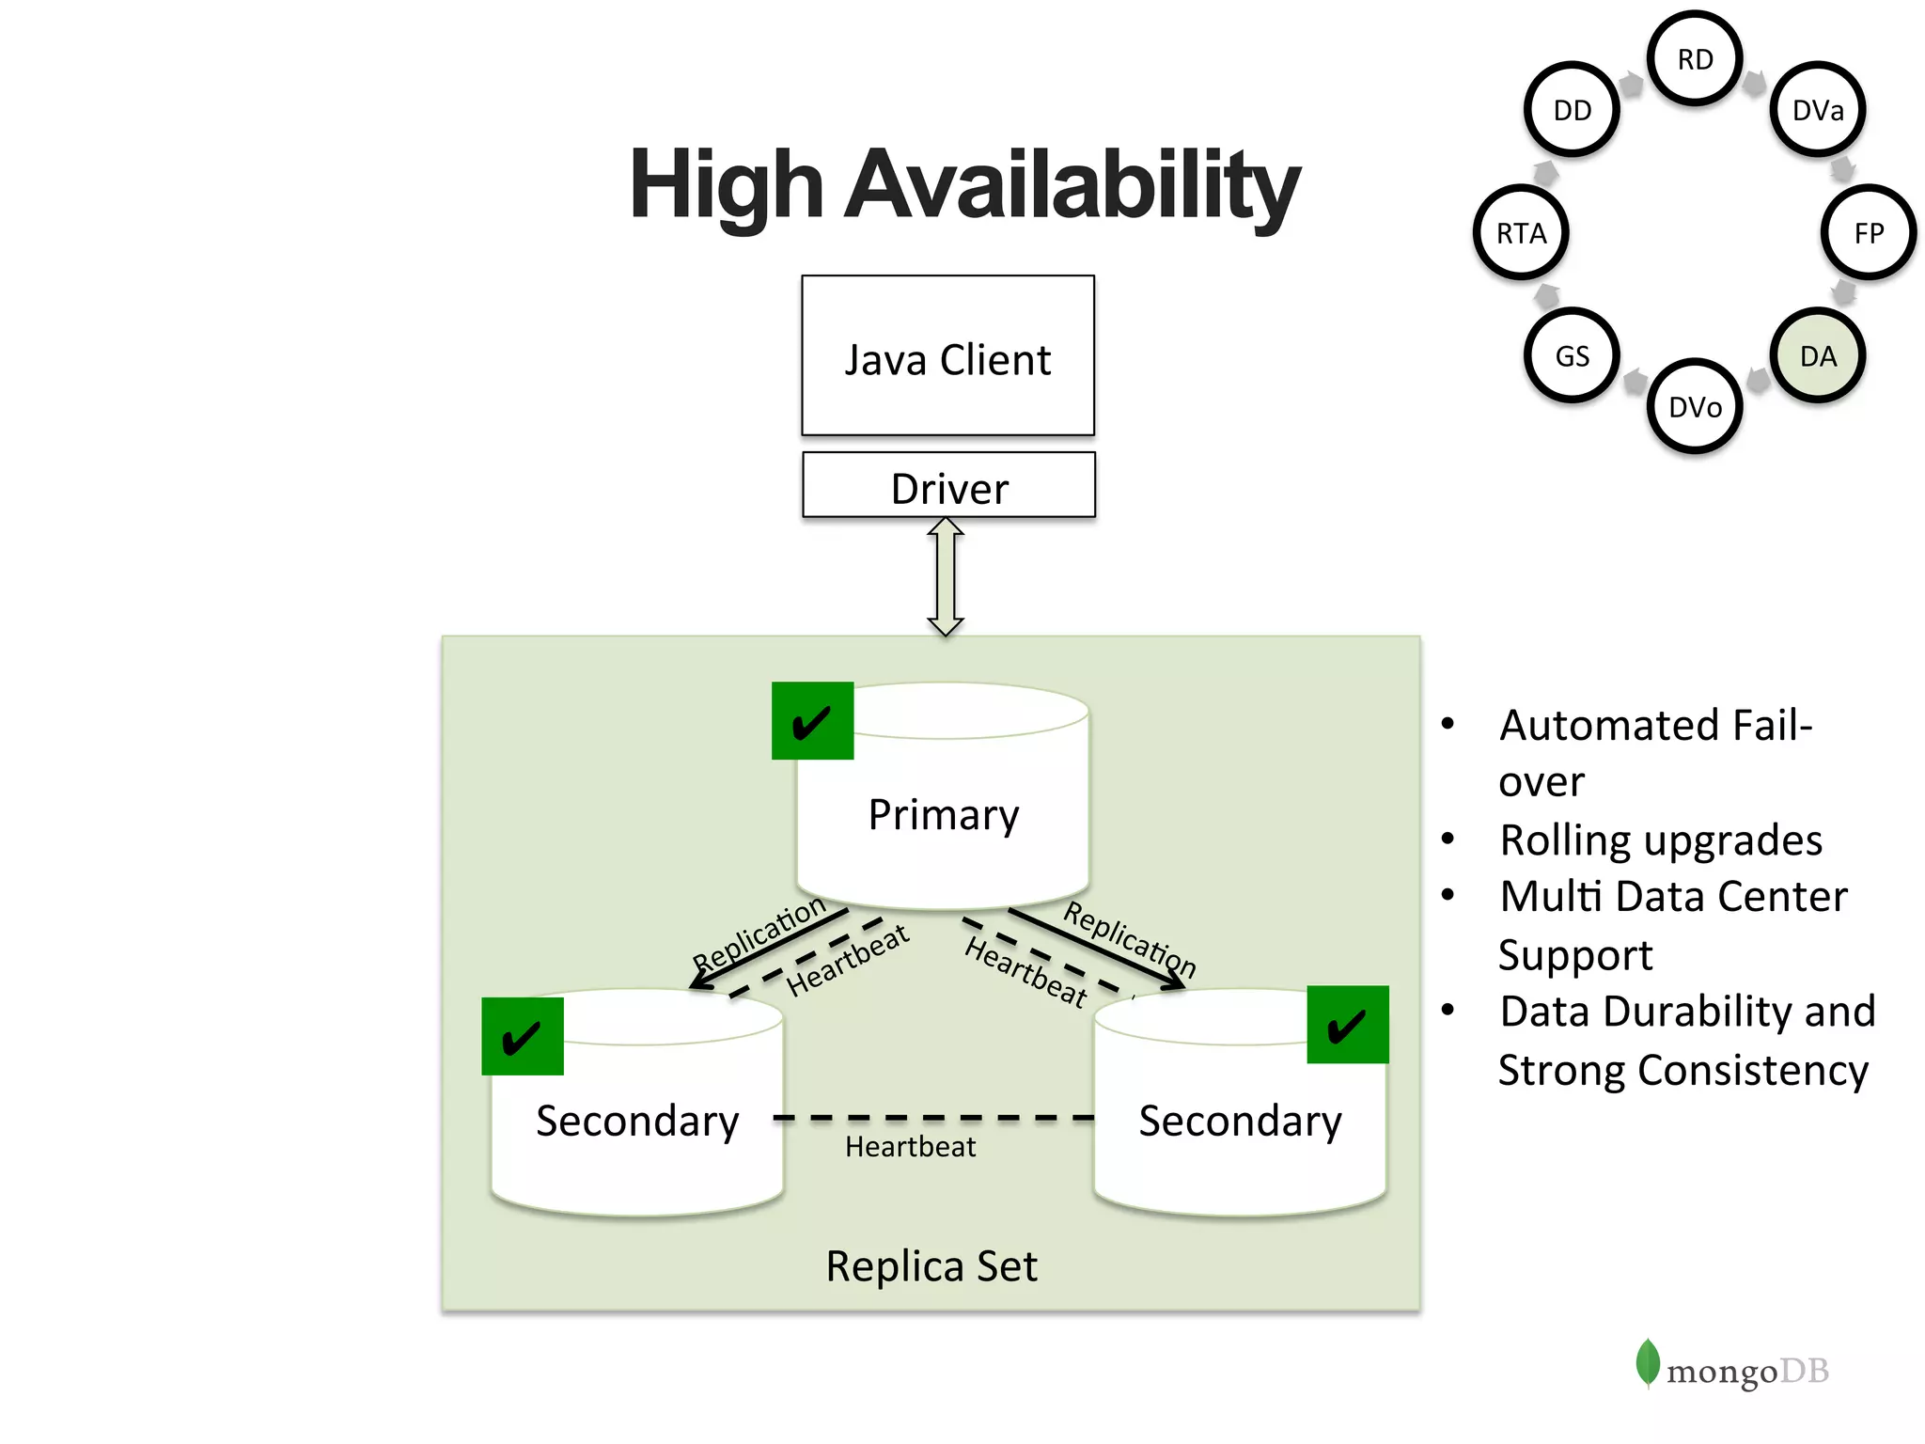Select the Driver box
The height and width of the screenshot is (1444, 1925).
(x=948, y=486)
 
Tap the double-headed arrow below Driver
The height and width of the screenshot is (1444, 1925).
(x=946, y=576)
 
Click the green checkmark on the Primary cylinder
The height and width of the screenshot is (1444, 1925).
(x=812, y=721)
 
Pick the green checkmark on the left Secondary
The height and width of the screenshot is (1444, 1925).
(x=523, y=1036)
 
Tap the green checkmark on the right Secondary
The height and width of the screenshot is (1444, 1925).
(x=1347, y=1025)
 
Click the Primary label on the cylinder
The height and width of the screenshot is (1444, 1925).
(x=943, y=814)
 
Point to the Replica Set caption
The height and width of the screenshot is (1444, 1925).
(x=931, y=1265)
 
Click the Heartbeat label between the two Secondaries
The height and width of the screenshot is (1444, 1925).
(x=910, y=1147)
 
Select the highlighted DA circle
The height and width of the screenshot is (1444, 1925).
(x=1817, y=356)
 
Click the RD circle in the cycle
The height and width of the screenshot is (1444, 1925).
(x=1695, y=59)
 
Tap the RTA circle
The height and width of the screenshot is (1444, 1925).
(x=1521, y=233)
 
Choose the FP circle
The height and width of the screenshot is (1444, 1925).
(x=1869, y=233)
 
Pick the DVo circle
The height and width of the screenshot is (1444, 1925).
(x=1695, y=407)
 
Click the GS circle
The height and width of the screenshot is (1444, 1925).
(x=1572, y=356)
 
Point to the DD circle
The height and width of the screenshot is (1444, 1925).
(x=1572, y=110)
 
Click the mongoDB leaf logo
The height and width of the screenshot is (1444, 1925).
(x=1647, y=1362)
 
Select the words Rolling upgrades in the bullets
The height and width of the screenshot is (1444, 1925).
(x=1660, y=840)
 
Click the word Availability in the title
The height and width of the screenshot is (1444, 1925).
(x=1072, y=185)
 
